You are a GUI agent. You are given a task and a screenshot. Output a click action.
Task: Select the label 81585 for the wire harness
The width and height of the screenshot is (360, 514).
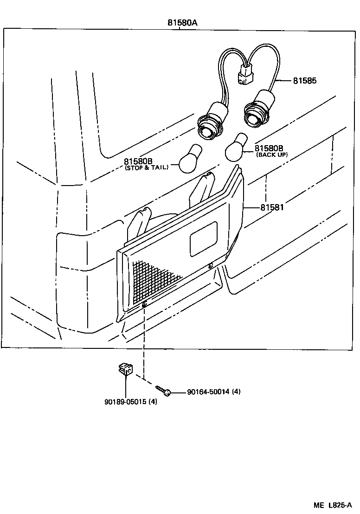(x=304, y=81)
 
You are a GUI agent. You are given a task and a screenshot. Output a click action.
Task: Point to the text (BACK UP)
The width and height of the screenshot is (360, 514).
(x=271, y=155)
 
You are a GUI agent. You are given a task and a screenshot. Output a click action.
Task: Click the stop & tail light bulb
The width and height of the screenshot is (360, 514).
(x=190, y=160)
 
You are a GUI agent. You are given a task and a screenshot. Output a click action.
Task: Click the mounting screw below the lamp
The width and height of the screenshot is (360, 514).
(x=163, y=390)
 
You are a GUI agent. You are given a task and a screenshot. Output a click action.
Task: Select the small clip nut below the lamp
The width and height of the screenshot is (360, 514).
(x=123, y=370)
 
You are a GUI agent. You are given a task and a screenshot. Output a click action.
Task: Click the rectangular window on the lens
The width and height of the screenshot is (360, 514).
(x=204, y=238)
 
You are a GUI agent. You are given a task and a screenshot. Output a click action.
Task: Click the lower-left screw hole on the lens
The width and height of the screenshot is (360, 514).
(x=145, y=304)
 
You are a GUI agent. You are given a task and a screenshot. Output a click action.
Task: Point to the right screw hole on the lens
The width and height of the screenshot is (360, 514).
(x=211, y=266)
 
